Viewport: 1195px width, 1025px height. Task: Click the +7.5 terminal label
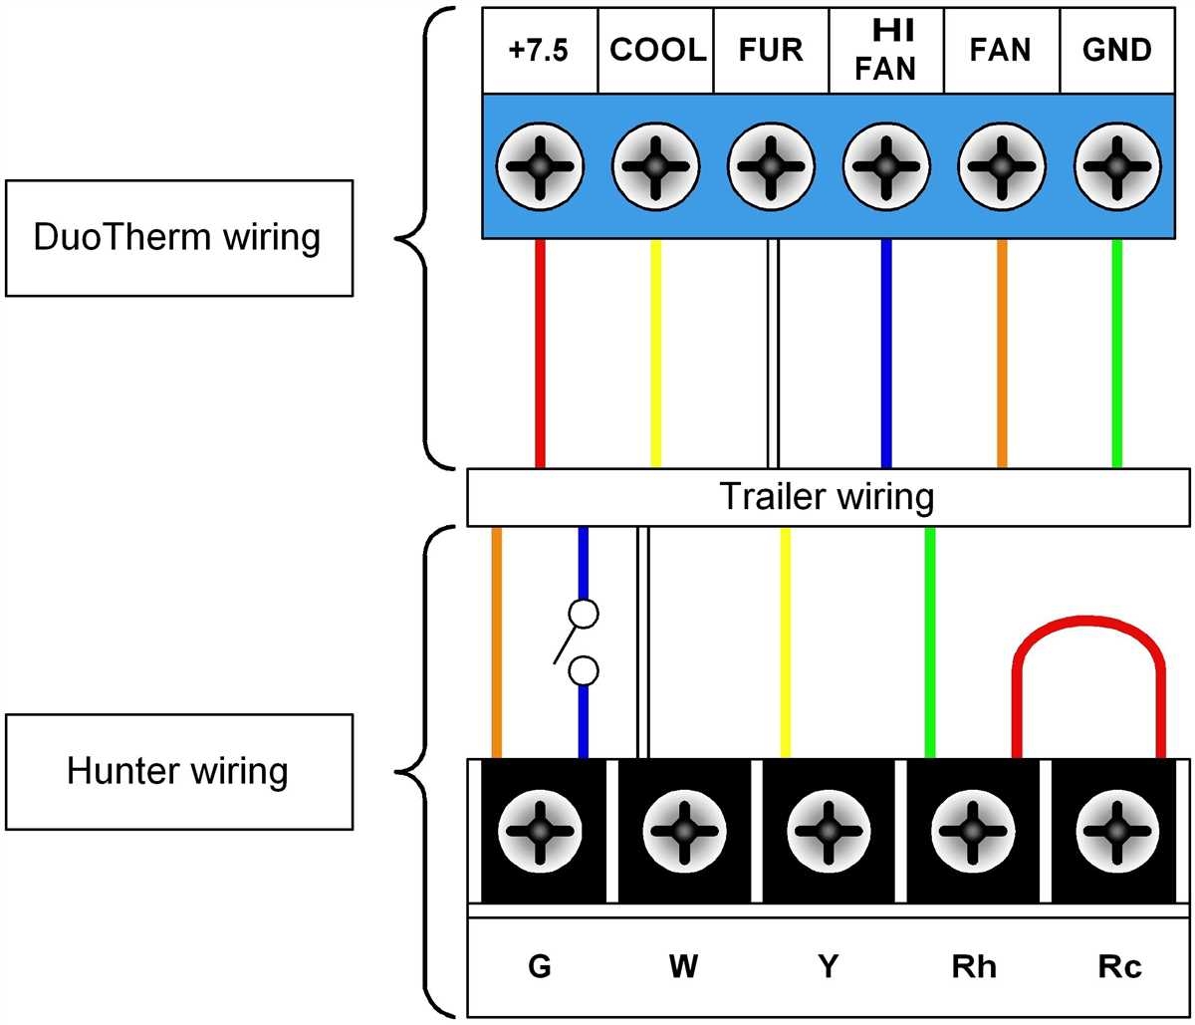[x=539, y=51]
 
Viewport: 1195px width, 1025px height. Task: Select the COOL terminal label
[x=655, y=51]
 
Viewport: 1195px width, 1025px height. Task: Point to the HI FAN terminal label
[x=885, y=50]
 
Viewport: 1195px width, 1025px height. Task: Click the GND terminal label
[x=1116, y=51]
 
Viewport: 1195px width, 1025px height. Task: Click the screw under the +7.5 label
[x=539, y=165]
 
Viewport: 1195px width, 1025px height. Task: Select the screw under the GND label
[x=1116, y=165]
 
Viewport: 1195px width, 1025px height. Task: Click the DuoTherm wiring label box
[x=178, y=238]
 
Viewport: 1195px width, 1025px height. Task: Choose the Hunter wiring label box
[x=178, y=771]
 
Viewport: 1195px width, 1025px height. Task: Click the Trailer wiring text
[x=827, y=496]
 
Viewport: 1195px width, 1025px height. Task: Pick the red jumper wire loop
[x=1088, y=628]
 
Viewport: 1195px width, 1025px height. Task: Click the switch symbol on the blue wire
[x=578, y=642]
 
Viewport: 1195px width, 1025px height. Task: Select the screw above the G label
[x=539, y=830]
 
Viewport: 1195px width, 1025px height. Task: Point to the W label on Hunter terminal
[x=682, y=966]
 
